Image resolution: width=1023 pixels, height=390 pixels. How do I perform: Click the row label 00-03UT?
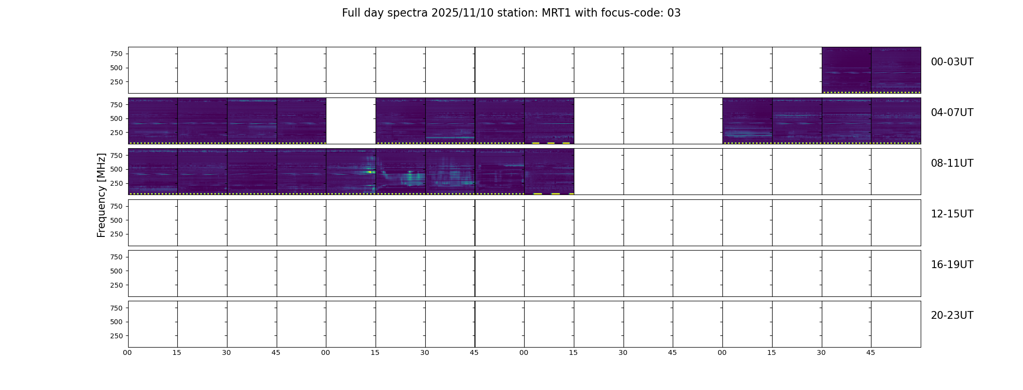[952, 62]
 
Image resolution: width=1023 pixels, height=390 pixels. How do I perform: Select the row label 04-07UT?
[952, 113]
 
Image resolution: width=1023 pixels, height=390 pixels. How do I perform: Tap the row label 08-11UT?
[952, 163]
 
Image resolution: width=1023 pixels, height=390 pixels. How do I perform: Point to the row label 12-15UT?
[952, 214]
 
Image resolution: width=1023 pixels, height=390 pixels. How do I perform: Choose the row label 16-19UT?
[952, 265]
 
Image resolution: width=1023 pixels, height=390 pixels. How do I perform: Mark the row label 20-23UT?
[952, 315]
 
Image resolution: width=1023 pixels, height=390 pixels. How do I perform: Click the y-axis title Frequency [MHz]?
[101, 195]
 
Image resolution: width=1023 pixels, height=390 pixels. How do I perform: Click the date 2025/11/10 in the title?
[458, 13]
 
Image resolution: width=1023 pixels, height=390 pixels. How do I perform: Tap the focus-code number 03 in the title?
[674, 13]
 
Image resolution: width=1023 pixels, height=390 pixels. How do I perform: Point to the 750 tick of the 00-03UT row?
[116, 54]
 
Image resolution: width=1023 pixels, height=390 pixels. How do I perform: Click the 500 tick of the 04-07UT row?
[116, 119]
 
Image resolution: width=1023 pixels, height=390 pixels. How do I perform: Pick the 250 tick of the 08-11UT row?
[116, 184]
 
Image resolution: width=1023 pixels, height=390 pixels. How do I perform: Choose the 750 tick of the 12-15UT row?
[116, 207]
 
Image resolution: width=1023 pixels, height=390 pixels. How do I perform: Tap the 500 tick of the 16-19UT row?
[116, 272]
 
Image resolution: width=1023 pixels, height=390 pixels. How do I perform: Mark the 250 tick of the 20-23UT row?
[116, 336]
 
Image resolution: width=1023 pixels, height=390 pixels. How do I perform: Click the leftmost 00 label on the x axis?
[127, 353]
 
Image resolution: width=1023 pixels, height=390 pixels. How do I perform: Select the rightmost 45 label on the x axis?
[871, 353]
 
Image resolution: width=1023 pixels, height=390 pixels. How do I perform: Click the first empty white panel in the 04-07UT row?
[351, 121]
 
